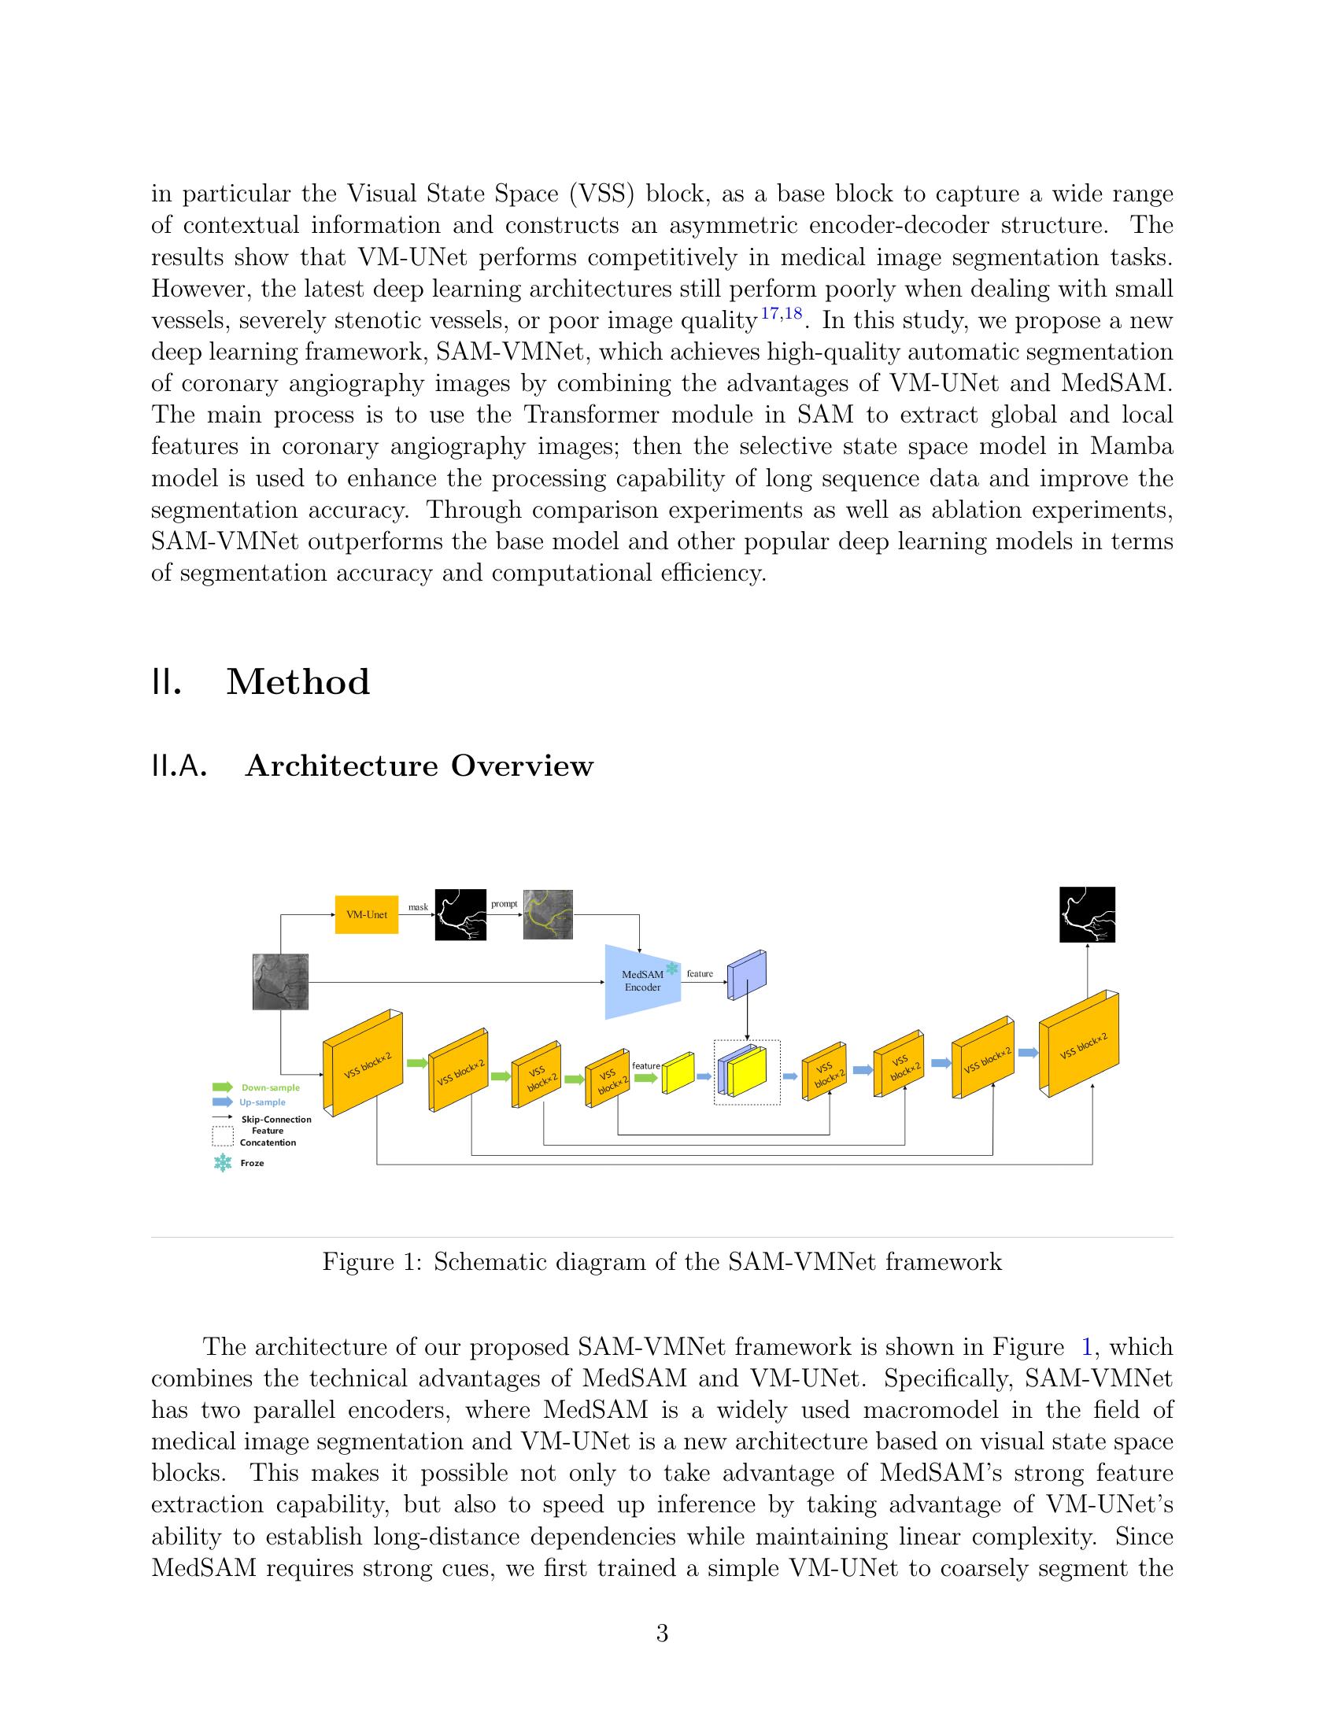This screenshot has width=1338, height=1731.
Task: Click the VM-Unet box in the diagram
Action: tap(366, 914)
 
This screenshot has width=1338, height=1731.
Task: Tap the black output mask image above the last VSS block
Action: tap(1087, 914)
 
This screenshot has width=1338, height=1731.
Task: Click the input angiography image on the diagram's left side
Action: tap(280, 982)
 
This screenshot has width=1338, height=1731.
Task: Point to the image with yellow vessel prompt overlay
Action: tap(548, 914)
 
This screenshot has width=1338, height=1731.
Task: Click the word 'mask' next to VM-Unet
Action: tap(418, 906)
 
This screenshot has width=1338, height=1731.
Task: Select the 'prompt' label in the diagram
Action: tap(505, 903)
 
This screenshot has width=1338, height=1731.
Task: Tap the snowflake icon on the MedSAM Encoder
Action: tap(672, 968)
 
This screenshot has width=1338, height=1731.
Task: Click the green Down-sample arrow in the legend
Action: tap(223, 1087)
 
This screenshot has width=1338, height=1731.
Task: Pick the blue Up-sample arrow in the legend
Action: tap(223, 1102)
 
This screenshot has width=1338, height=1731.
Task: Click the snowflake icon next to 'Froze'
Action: tap(224, 1163)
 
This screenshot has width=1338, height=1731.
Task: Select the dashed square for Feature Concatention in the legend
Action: tap(223, 1137)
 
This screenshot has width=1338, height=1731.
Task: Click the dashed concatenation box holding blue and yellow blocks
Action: tap(747, 1072)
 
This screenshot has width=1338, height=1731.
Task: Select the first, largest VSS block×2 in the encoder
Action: tap(362, 1064)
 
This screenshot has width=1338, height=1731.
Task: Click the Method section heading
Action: tap(298, 682)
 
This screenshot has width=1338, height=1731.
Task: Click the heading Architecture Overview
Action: tap(419, 766)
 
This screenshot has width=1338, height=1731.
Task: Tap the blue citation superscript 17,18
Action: tap(781, 314)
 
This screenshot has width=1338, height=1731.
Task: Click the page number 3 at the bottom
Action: tap(662, 1633)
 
